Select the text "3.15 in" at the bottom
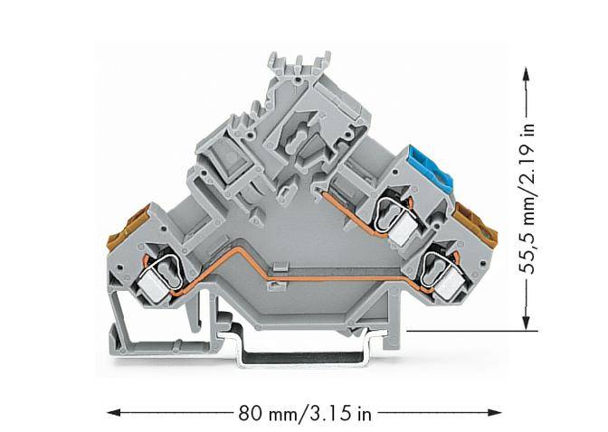[x=340, y=414]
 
